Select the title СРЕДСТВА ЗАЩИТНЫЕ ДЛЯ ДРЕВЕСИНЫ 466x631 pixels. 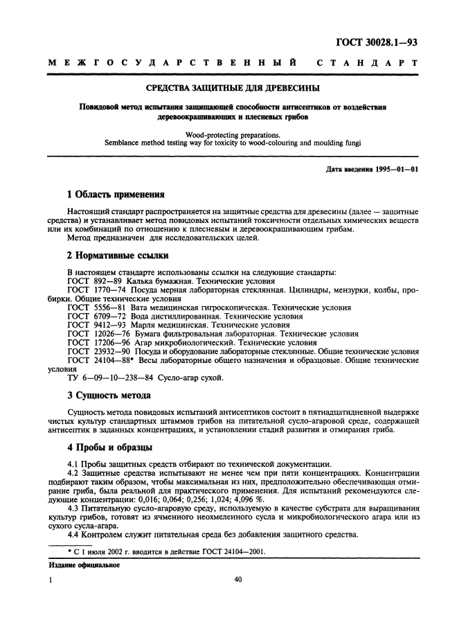point(233,89)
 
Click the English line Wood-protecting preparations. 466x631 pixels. point(233,136)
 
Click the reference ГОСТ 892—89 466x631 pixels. point(92,282)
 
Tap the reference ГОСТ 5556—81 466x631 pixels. point(94,306)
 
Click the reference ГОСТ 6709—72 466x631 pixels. point(94,315)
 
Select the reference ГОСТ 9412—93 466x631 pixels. point(94,324)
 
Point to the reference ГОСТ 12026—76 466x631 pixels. point(96,333)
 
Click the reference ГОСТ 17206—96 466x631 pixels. point(96,342)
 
